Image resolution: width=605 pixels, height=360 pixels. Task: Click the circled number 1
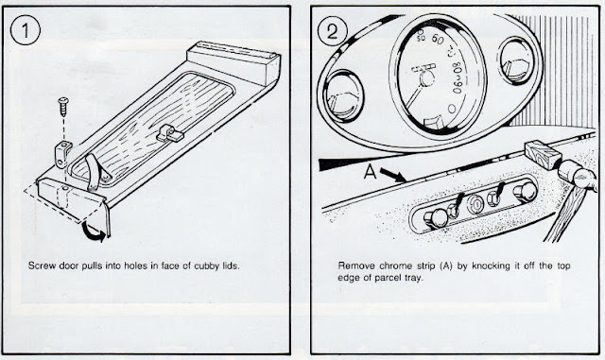[26, 30]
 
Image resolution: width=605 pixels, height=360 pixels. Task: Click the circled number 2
[332, 31]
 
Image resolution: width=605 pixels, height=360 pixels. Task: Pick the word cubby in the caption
[206, 266]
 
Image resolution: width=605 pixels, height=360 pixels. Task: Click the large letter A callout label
[370, 172]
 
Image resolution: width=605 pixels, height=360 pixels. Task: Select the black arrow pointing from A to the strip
[393, 175]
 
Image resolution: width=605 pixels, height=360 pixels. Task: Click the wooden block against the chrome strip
[543, 153]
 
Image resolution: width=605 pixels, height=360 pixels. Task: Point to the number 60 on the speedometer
[438, 39]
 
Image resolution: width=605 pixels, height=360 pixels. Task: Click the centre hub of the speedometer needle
[426, 78]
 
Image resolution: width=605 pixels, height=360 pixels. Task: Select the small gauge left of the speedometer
[343, 96]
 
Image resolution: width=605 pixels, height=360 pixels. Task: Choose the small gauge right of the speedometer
[517, 60]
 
